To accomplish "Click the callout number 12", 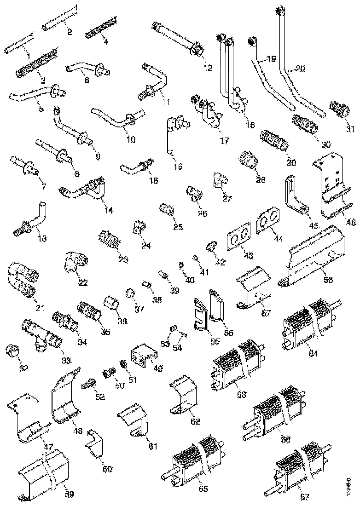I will (x=208, y=68).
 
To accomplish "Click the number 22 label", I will (x=82, y=282).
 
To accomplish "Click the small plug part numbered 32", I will (x=13, y=353).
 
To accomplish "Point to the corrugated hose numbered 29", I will (x=273, y=139).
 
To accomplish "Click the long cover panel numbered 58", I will (x=313, y=255).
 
